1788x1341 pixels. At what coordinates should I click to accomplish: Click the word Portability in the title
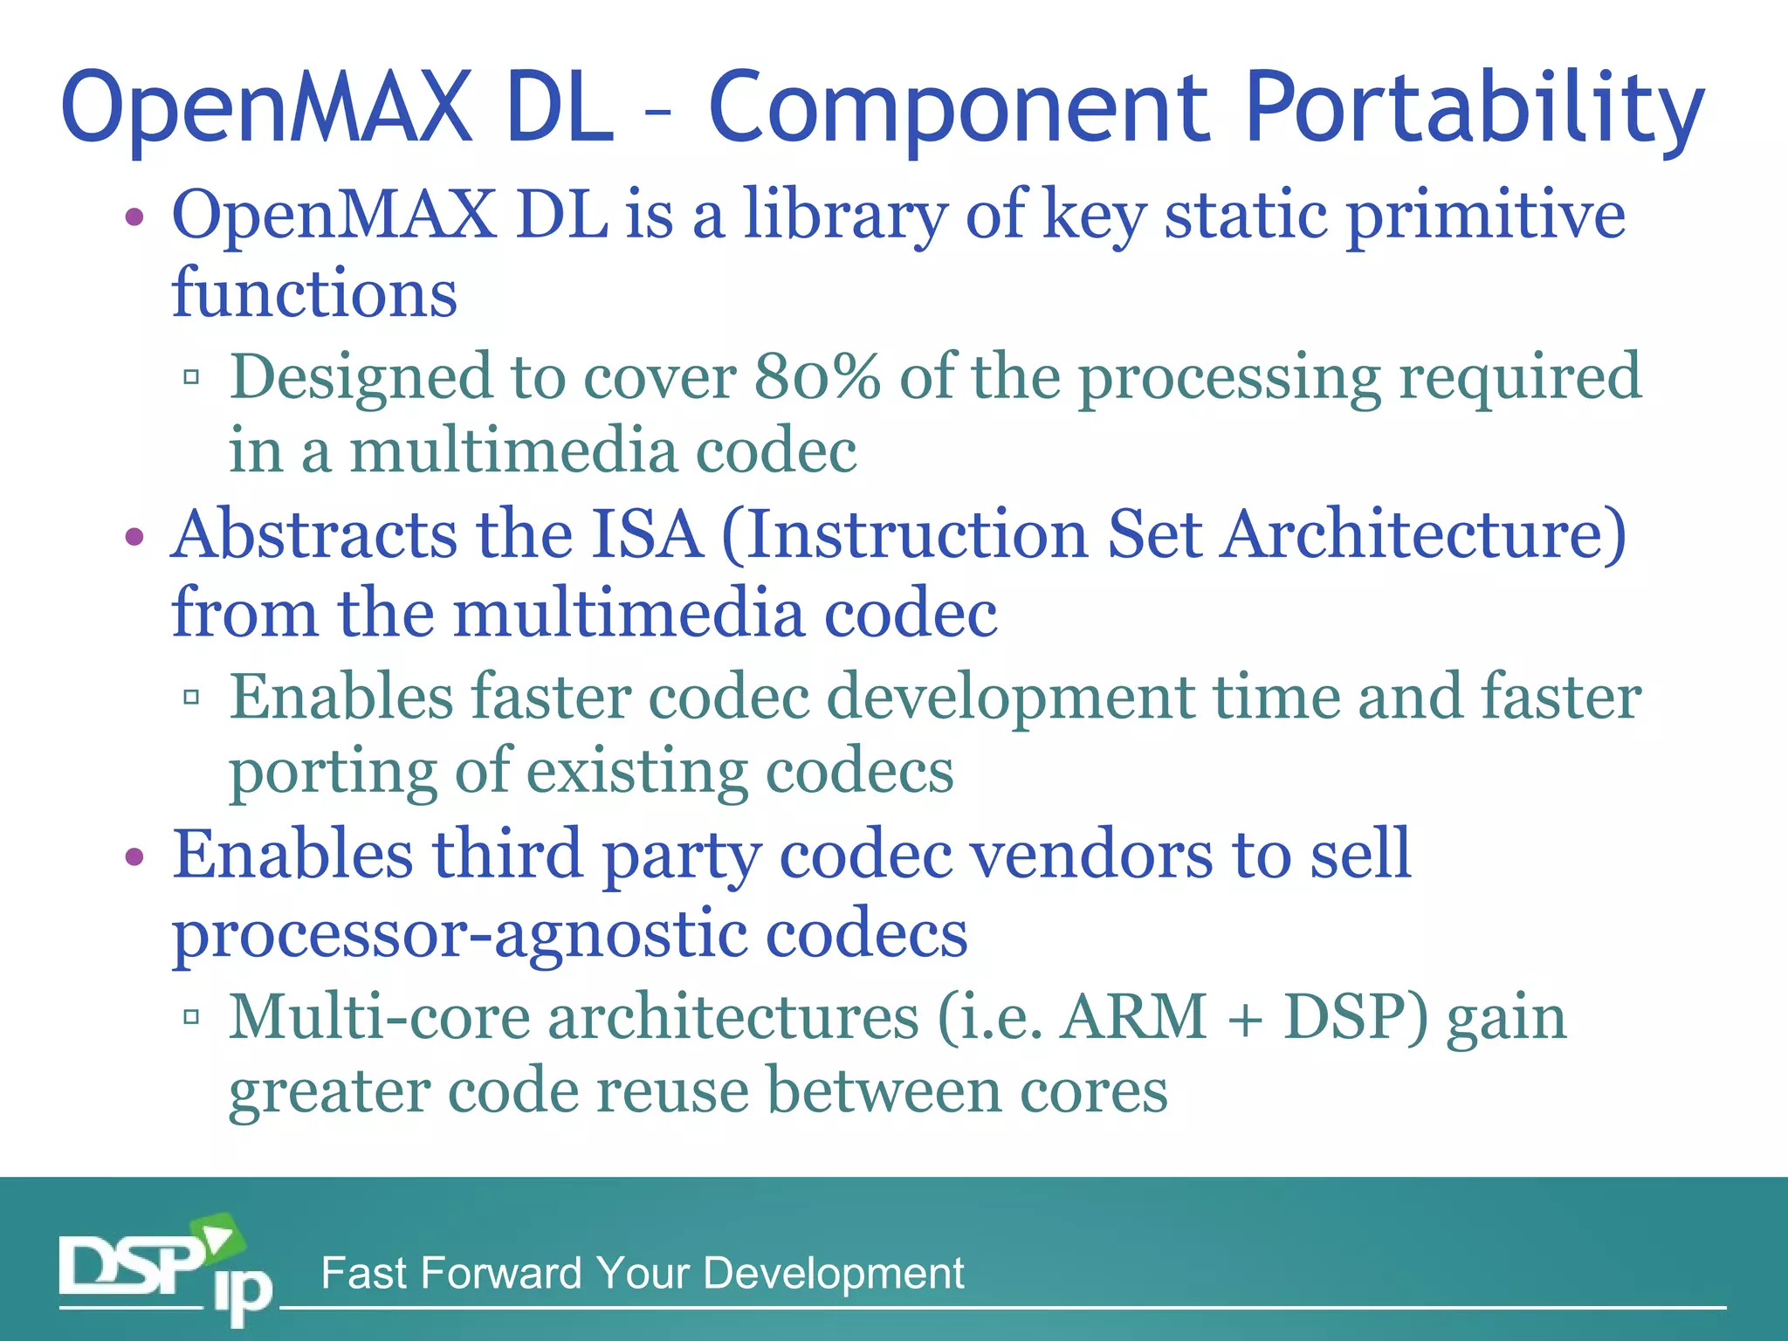[1474, 109]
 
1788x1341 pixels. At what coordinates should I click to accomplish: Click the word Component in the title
[959, 109]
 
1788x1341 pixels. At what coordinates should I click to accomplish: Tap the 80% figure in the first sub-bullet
[816, 377]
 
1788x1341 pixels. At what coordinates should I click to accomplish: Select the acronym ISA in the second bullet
[647, 534]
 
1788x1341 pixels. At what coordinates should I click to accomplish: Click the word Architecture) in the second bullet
[1423, 534]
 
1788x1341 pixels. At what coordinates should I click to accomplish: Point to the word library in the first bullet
[844, 216]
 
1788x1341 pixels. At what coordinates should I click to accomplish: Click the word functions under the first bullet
[314, 293]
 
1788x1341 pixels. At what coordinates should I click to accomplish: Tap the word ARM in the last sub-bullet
[1133, 1018]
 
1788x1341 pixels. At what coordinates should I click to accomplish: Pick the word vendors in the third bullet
[1091, 855]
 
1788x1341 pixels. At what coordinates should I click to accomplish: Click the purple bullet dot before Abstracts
[134, 536]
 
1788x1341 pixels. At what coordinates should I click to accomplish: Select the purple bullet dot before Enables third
[134, 856]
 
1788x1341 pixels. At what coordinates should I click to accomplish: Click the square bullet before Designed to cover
[192, 377]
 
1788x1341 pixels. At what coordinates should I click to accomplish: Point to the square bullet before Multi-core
[192, 1016]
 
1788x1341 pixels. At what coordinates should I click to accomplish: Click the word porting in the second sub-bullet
[332, 772]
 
